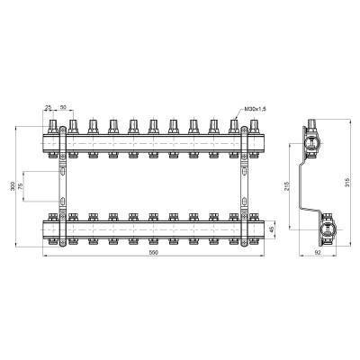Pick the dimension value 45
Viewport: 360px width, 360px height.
[271, 227]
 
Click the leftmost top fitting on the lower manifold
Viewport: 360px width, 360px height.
[74, 217]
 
